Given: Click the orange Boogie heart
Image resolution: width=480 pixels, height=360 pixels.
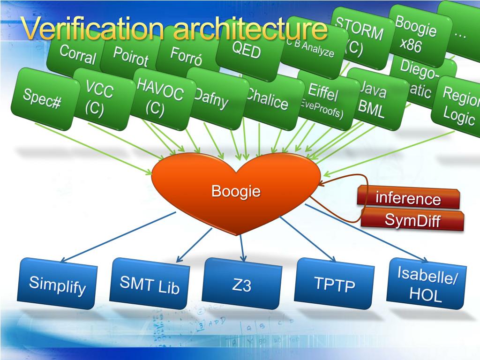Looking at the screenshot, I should [x=236, y=192].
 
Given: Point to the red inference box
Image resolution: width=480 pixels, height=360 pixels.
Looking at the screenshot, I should [x=408, y=198].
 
